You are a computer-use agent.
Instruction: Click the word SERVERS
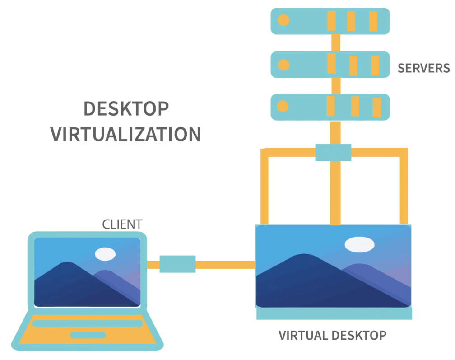coord(423,68)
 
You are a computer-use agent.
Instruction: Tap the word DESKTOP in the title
coord(126,109)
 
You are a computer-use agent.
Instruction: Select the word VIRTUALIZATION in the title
coord(125,134)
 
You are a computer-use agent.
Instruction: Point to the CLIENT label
coord(122,224)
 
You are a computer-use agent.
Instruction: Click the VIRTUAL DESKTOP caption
coord(332,336)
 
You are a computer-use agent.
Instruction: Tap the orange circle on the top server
coord(283,20)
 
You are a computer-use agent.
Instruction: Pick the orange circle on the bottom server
coord(283,107)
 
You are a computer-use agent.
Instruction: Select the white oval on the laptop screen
coord(105,253)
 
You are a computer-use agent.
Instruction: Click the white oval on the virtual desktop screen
coord(359,244)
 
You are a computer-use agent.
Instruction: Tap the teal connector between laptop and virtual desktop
coord(177,264)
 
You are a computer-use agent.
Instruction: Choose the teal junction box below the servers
coord(333,152)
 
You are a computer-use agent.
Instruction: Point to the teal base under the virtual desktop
coord(334,313)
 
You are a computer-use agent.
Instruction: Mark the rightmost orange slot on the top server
coord(373,21)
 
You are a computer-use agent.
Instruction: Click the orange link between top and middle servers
coord(335,42)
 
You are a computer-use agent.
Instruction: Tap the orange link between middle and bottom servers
coord(335,85)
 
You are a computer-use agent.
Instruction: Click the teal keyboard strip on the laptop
coord(88,323)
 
